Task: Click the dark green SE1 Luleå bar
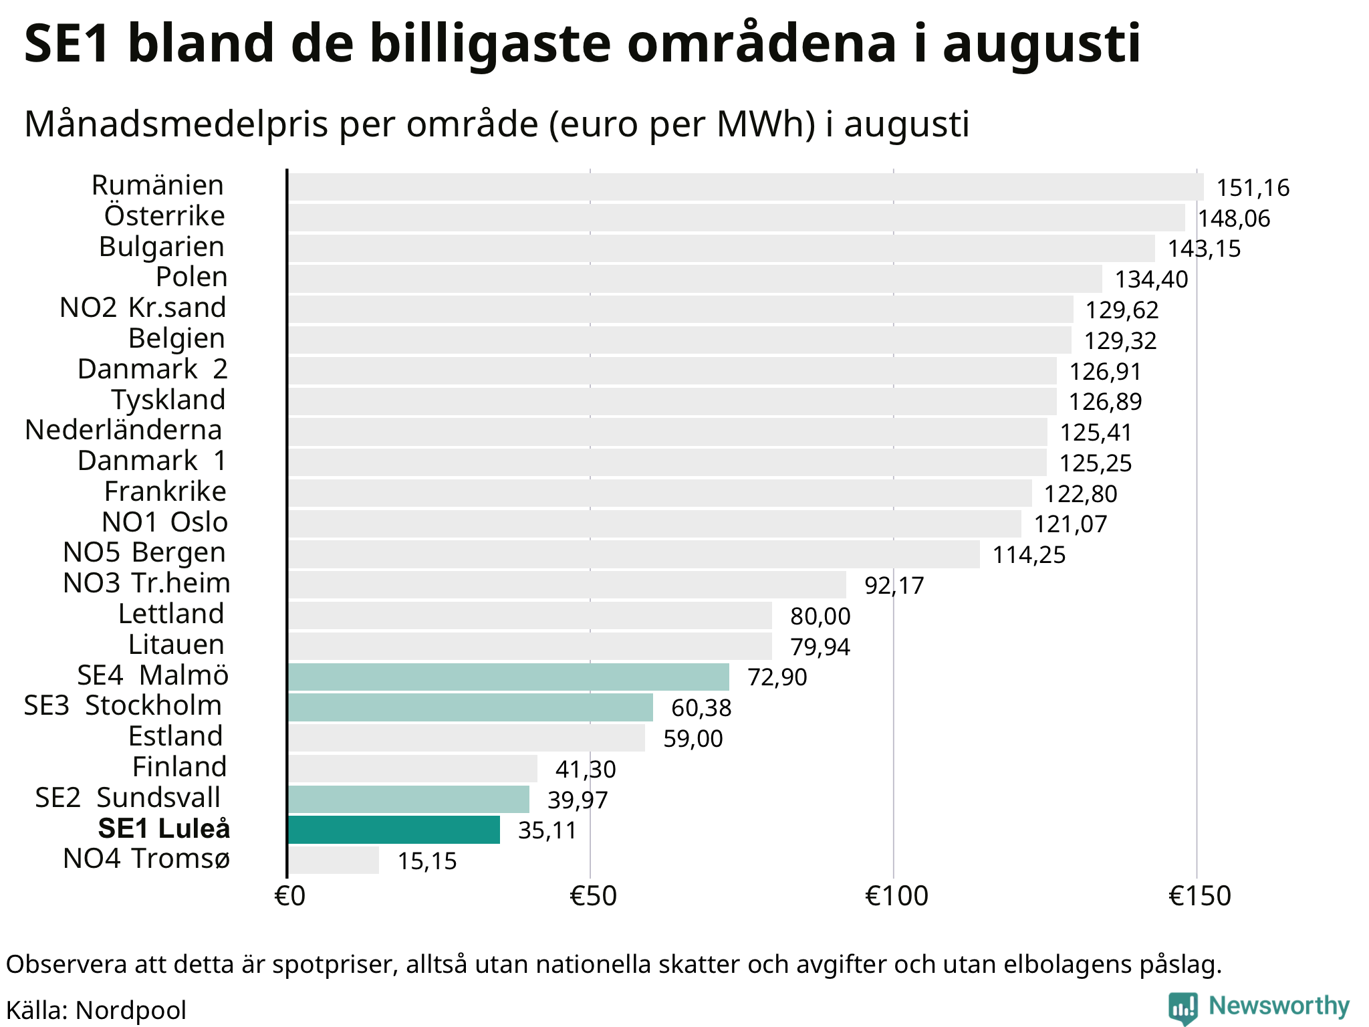click(x=394, y=830)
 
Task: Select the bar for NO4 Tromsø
click(x=334, y=860)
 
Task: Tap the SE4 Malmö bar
click(x=509, y=677)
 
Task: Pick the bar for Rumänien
click(x=746, y=187)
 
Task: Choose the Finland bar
click(x=412, y=768)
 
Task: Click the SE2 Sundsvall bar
click(x=408, y=799)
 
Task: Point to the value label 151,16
click(x=1253, y=188)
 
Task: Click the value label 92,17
click(x=894, y=586)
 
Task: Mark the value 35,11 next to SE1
click(x=547, y=830)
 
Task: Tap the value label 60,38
click(x=701, y=708)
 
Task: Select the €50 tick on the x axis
click(x=593, y=896)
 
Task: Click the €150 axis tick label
click(x=1199, y=896)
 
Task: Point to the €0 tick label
click(x=289, y=896)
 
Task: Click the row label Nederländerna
click(x=124, y=430)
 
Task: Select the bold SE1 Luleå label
click(x=164, y=828)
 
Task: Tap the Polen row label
click(x=192, y=277)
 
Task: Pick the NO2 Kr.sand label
click(x=143, y=308)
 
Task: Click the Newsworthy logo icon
click(x=1183, y=1008)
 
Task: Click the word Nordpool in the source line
click(x=131, y=1010)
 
